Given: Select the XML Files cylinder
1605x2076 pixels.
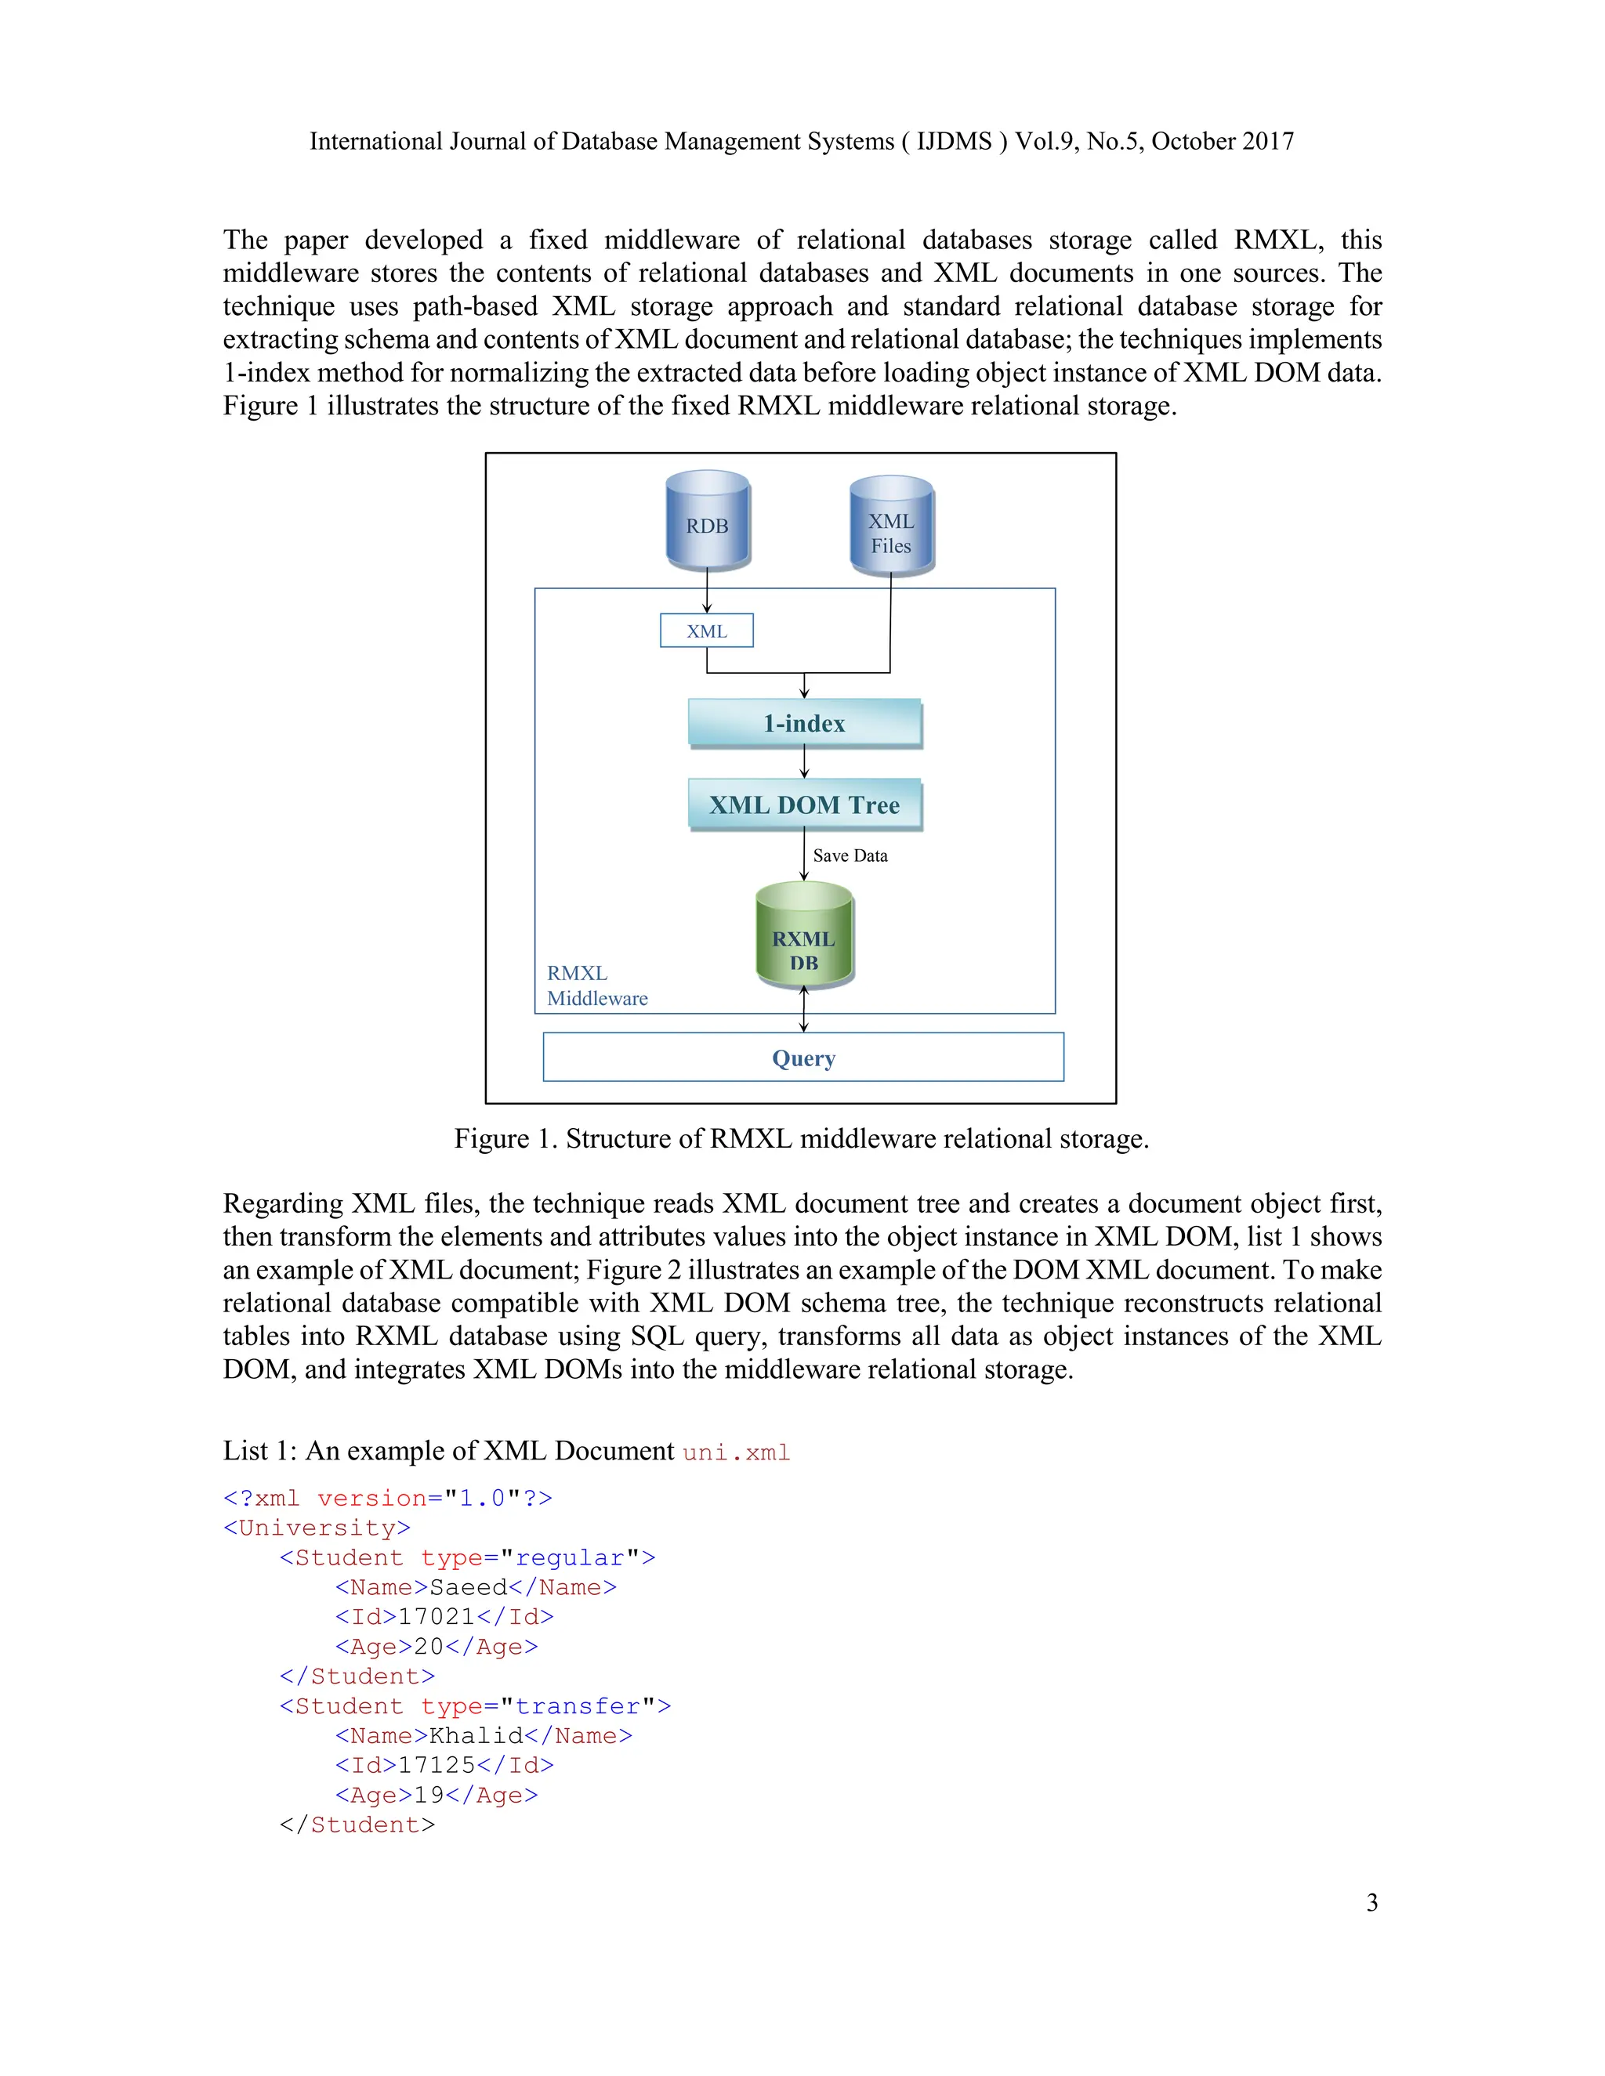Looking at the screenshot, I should tap(891, 527).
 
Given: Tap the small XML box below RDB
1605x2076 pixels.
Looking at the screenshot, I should tap(706, 631).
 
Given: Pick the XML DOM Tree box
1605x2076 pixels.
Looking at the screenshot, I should tap(804, 805).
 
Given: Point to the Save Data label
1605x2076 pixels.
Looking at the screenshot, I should tap(850, 855).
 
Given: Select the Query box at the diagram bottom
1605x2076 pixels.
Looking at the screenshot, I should tap(803, 1057).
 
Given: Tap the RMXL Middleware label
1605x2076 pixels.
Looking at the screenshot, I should tap(596, 986).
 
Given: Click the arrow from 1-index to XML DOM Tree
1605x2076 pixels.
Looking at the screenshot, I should tap(804, 762).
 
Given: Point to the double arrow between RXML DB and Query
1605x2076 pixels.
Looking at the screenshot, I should tap(804, 1010).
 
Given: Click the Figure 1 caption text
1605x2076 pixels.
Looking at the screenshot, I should tap(802, 1139).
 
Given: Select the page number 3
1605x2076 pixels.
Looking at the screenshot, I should tap(1371, 1902).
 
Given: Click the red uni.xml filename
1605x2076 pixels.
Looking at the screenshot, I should tap(737, 1452).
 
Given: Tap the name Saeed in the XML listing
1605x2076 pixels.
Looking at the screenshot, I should tap(468, 1587).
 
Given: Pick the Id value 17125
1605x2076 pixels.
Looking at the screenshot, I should tap(437, 1765).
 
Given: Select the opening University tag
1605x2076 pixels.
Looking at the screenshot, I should tap(317, 1528).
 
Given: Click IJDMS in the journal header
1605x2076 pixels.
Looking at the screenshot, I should tap(954, 142).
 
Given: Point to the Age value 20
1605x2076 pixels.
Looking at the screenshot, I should tap(429, 1647).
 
